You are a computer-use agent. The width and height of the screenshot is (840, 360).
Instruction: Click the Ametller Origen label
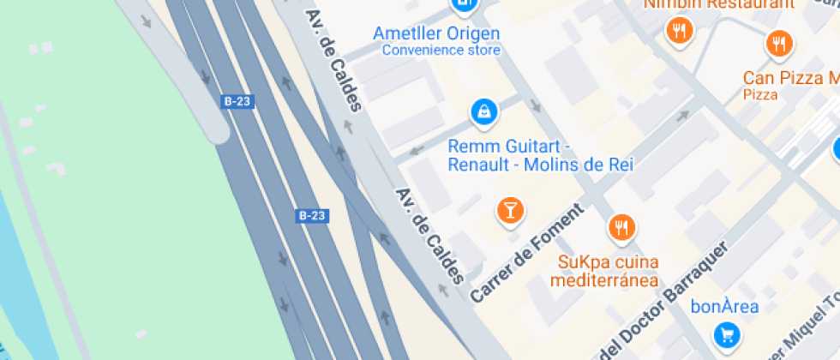click(x=436, y=33)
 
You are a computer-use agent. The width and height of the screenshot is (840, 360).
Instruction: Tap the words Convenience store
click(x=441, y=50)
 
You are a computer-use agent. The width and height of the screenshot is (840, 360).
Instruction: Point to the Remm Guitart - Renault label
click(x=540, y=155)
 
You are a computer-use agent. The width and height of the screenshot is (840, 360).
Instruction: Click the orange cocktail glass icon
click(x=509, y=209)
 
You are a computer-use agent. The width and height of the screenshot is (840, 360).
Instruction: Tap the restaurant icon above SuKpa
click(x=621, y=228)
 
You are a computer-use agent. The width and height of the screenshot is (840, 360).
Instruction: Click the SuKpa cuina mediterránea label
click(x=608, y=271)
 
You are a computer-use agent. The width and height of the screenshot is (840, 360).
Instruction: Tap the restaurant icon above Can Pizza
click(x=778, y=43)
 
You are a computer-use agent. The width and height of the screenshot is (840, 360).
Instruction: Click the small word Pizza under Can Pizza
click(x=760, y=94)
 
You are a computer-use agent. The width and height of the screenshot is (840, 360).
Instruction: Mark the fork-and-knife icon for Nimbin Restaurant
click(x=679, y=32)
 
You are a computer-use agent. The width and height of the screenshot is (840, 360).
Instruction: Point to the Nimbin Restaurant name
click(x=719, y=4)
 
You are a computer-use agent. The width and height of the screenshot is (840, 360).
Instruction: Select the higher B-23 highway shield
click(x=237, y=101)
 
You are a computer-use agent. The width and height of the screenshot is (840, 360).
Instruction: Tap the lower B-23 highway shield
click(x=312, y=216)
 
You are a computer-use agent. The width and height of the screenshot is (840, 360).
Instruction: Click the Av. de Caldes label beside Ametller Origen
click(x=334, y=60)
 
